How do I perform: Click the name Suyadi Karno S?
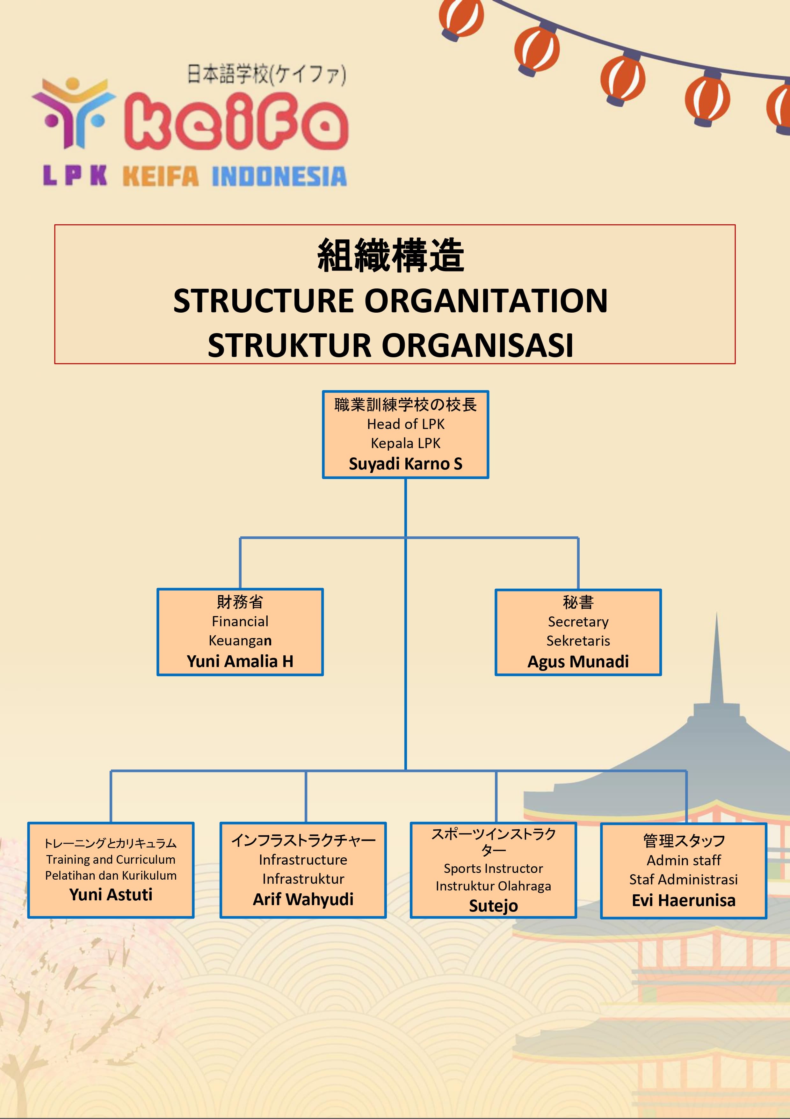(x=405, y=463)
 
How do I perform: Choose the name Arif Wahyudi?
(x=303, y=899)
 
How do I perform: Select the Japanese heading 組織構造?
(x=391, y=255)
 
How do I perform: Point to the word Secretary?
(x=578, y=622)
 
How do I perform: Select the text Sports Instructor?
(x=493, y=868)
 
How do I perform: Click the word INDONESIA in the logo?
(x=279, y=177)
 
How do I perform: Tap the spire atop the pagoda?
(x=716, y=658)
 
